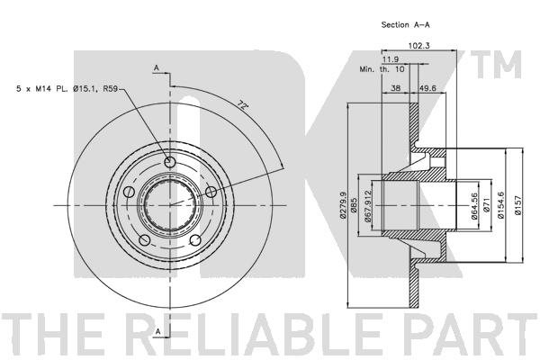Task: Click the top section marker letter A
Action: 156,67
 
